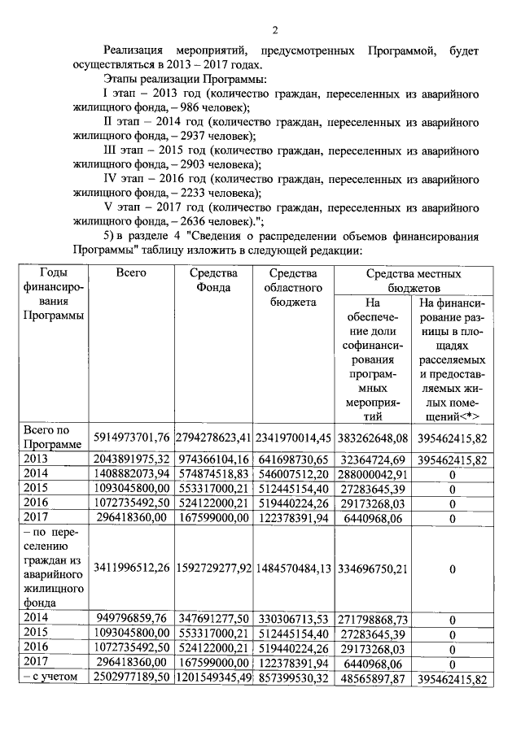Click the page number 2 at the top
[274, 32]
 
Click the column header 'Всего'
[131, 273]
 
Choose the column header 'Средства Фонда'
[213, 281]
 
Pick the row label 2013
[37, 459]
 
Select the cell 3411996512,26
[131, 567]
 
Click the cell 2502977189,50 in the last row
[131, 678]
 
